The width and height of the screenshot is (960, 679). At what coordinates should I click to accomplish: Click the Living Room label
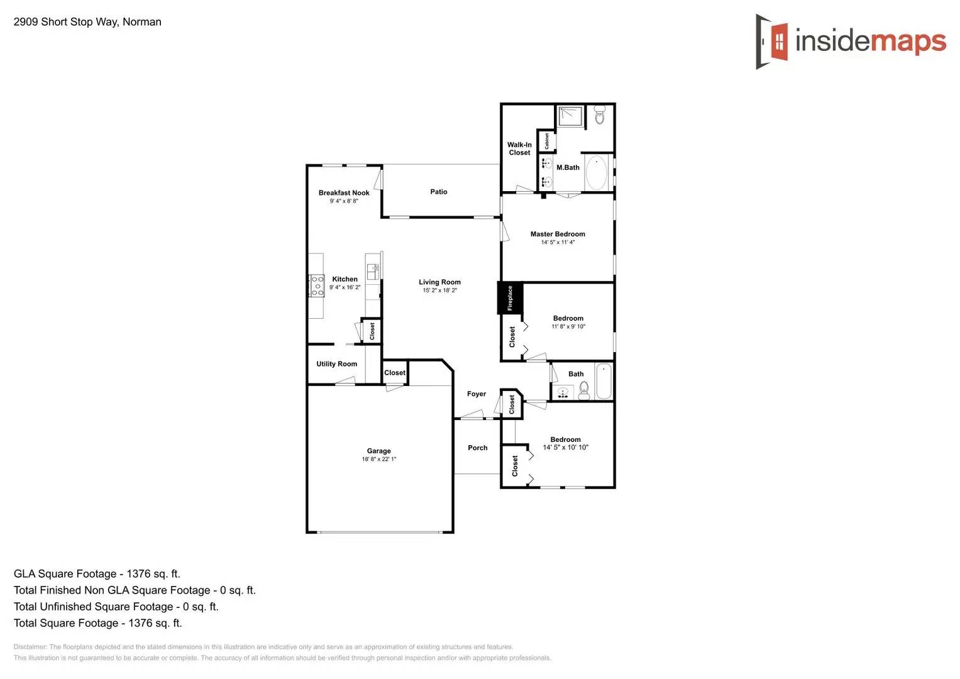(x=439, y=282)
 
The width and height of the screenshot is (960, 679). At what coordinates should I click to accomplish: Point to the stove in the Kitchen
(x=317, y=285)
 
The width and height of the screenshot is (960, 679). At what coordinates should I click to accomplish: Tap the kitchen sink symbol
(x=373, y=272)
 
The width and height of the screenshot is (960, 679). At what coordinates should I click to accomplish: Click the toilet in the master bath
(x=599, y=114)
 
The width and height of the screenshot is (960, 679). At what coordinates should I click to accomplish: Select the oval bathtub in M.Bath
(x=596, y=172)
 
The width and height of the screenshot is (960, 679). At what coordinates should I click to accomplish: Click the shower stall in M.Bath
(x=570, y=117)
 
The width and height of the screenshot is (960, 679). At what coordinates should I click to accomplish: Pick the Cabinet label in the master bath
(x=546, y=141)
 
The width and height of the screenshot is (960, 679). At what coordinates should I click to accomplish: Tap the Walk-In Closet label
(x=519, y=148)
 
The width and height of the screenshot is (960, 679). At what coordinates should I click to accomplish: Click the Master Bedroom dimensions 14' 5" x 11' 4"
(x=558, y=242)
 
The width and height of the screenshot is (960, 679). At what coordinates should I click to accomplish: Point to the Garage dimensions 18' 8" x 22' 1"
(x=378, y=459)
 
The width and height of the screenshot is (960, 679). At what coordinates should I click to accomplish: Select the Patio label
(x=439, y=192)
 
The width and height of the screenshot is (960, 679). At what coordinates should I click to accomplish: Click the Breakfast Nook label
(x=344, y=193)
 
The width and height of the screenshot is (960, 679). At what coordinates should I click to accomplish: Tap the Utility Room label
(x=336, y=364)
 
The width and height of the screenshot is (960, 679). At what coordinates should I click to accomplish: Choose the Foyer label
(x=476, y=394)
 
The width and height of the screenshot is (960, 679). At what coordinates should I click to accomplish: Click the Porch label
(x=477, y=448)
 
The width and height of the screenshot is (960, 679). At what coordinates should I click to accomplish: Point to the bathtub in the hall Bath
(x=603, y=381)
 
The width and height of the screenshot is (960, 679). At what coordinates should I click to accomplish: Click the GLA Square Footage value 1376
(x=139, y=574)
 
